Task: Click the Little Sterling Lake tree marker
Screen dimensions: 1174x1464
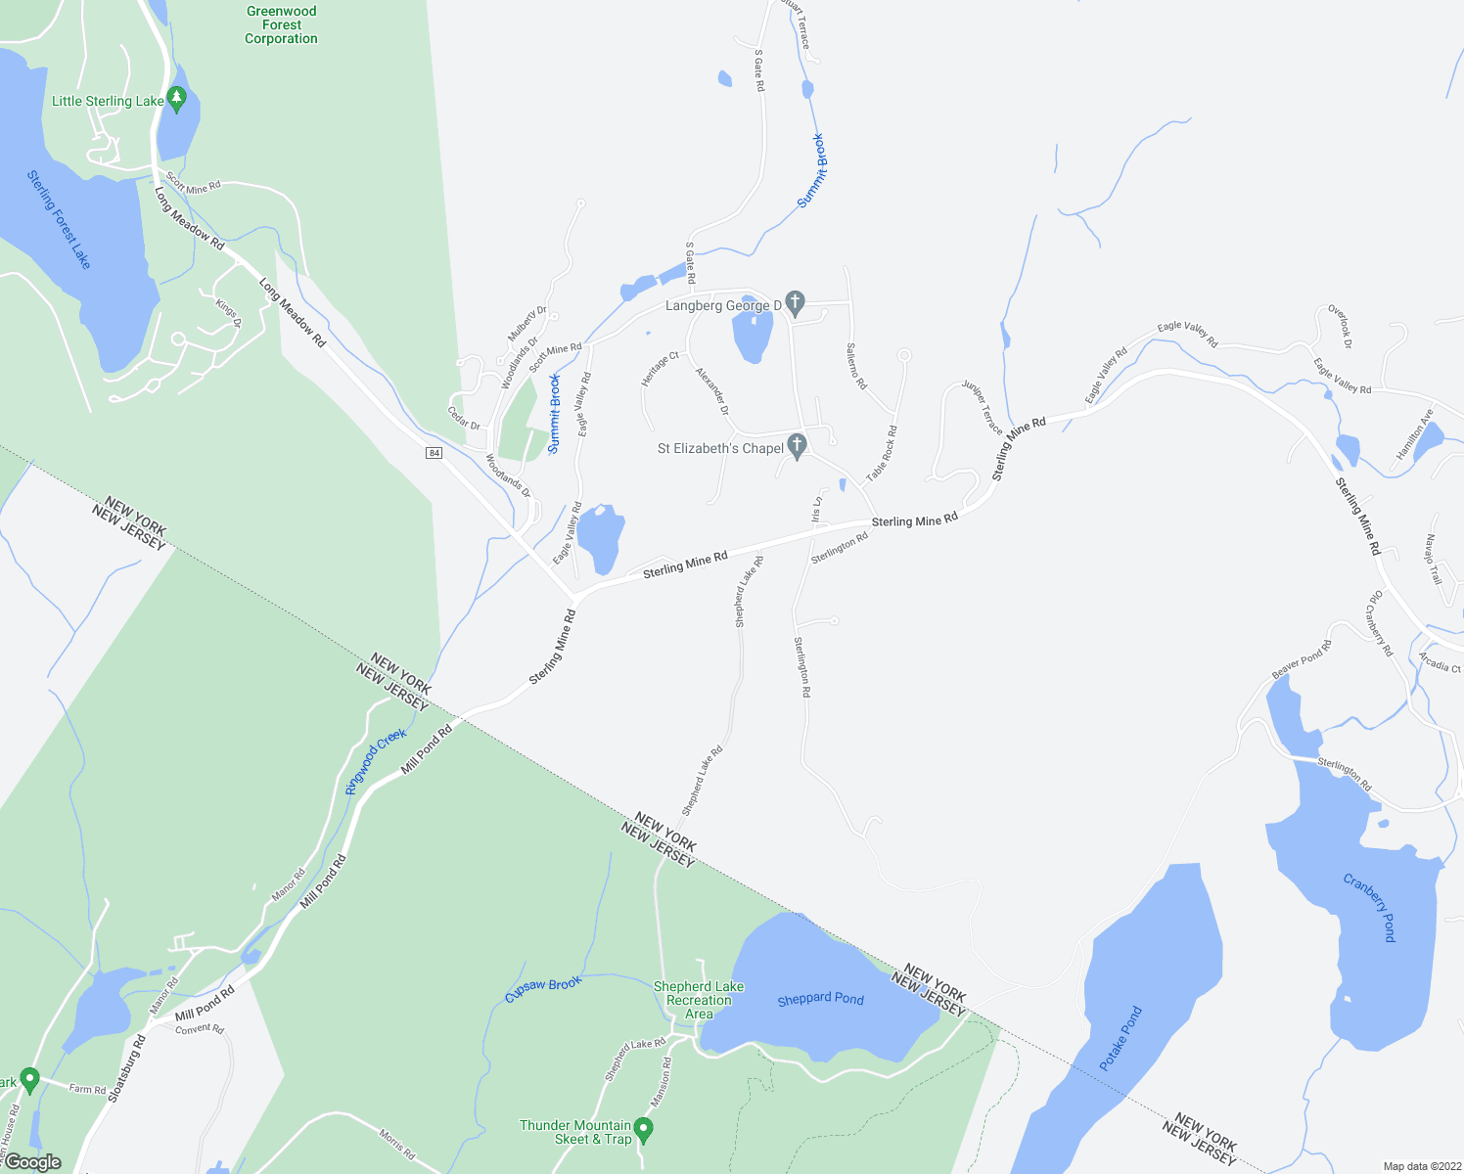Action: pyautogui.click(x=176, y=98)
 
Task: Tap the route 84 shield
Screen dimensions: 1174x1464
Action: pyautogui.click(x=435, y=452)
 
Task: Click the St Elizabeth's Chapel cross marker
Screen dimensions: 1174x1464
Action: pyautogui.click(x=797, y=446)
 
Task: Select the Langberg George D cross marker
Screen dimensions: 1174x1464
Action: pyautogui.click(x=795, y=303)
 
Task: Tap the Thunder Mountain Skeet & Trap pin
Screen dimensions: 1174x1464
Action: pyautogui.click(x=643, y=1130)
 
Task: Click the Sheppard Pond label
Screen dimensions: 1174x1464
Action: pyautogui.click(x=820, y=999)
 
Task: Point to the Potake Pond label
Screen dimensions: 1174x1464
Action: pyautogui.click(x=1121, y=1038)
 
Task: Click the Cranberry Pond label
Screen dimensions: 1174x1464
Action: pyautogui.click(x=1369, y=908)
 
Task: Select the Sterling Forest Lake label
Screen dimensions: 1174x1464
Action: pyautogui.click(x=59, y=219)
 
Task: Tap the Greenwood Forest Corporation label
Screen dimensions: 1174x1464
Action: pyautogui.click(x=281, y=25)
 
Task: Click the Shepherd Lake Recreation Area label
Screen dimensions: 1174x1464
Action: pyautogui.click(x=699, y=1000)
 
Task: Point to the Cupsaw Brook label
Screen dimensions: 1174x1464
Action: pyautogui.click(x=543, y=989)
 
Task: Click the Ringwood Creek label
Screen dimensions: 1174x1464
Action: pyautogui.click(x=376, y=761)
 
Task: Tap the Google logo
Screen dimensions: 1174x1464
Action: pyautogui.click(x=33, y=1162)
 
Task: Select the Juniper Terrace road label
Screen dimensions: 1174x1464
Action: pyautogui.click(x=982, y=407)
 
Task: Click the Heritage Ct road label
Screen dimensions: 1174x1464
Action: pyautogui.click(x=660, y=369)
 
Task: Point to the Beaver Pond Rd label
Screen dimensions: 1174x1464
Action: pyautogui.click(x=1302, y=659)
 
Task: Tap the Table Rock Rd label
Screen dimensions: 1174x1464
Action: pyautogui.click(x=882, y=452)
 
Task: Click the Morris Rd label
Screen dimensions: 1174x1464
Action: pyautogui.click(x=397, y=1146)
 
